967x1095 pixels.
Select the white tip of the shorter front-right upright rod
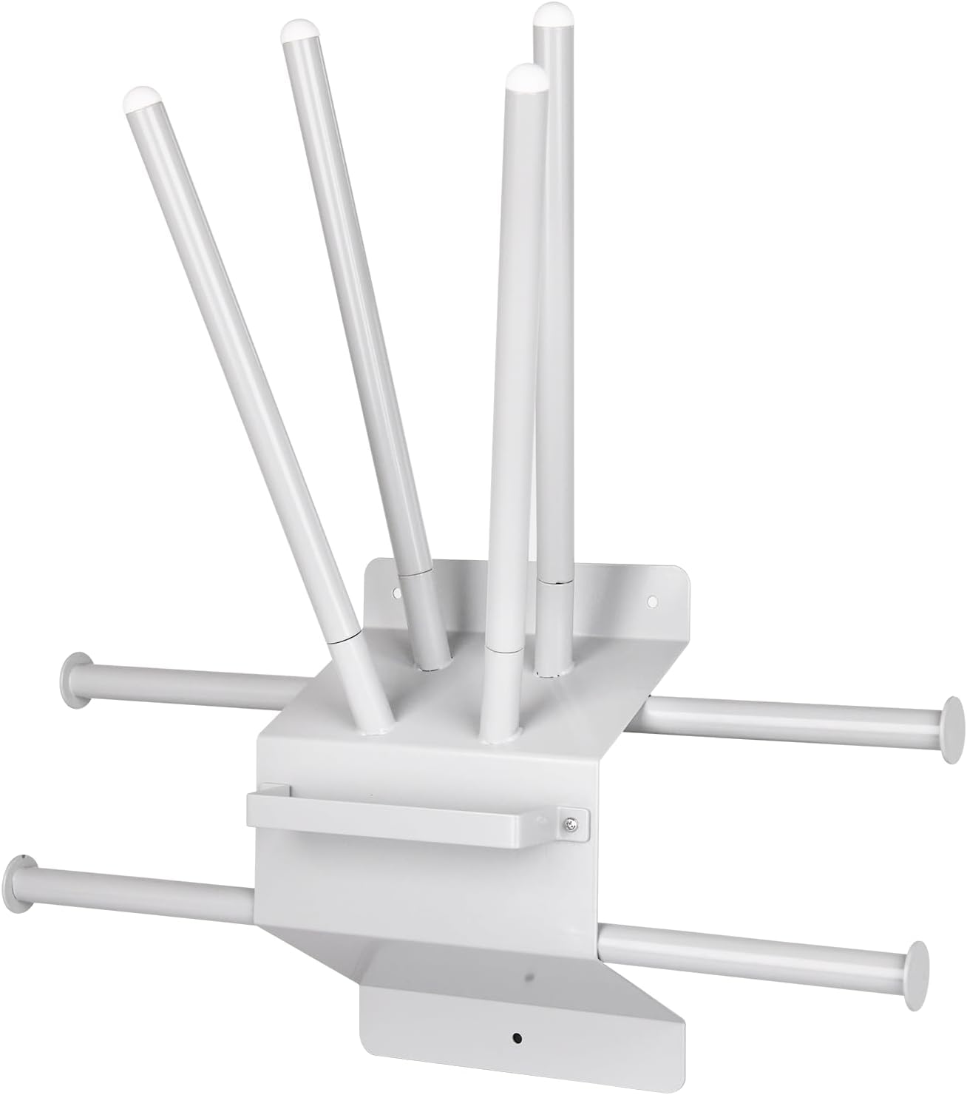[527, 76]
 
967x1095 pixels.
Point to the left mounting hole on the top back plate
[396, 593]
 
